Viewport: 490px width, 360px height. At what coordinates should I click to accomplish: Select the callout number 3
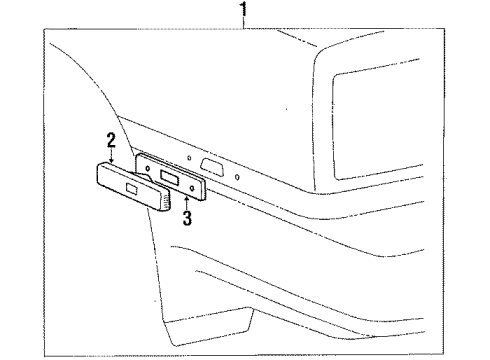[186, 219]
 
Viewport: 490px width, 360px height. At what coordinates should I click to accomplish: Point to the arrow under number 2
[112, 156]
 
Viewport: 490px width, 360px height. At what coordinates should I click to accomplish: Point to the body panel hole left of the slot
[187, 158]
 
